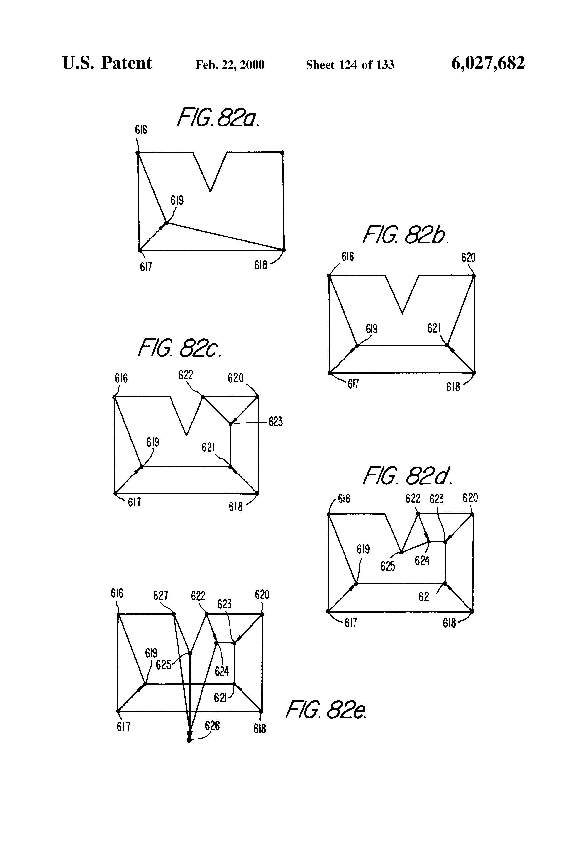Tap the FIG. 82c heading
[x=179, y=348]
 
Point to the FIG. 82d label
[x=408, y=476]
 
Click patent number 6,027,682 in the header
[x=488, y=64]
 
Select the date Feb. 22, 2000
[x=230, y=65]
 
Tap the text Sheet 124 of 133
[x=350, y=65]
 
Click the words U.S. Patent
[x=107, y=64]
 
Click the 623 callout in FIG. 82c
[x=276, y=422]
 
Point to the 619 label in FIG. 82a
[x=177, y=200]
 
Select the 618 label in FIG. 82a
[x=260, y=265]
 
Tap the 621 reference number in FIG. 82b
[x=434, y=328]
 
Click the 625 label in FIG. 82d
[x=387, y=566]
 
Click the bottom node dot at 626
[x=189, y=740]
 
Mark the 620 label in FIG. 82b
[x=468, y=258]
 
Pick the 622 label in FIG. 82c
[x=185, y=375]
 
